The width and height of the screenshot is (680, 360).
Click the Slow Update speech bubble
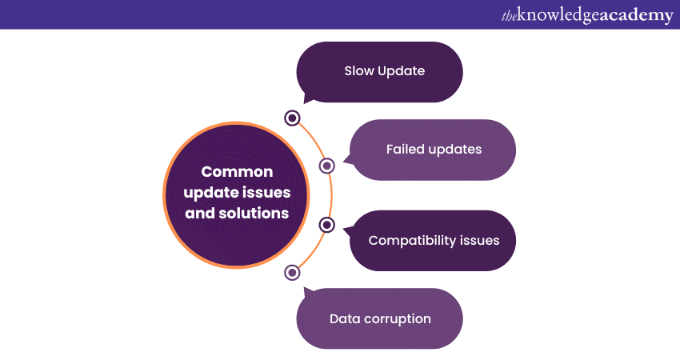click(380, 71)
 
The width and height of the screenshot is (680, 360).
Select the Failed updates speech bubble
click(434, 150)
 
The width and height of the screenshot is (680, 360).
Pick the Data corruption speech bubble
click(380, 318)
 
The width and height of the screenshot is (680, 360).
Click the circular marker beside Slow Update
click(293, 118)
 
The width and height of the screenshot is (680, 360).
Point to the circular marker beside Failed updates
click(326, 166)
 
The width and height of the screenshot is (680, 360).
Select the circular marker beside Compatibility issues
click(326, 225)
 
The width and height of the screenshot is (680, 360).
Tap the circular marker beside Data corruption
click(293, 272)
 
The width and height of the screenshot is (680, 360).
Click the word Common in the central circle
click(237, 172)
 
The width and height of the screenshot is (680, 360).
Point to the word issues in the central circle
click(267, 193)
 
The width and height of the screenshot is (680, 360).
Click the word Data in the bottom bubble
click(343, 318)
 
